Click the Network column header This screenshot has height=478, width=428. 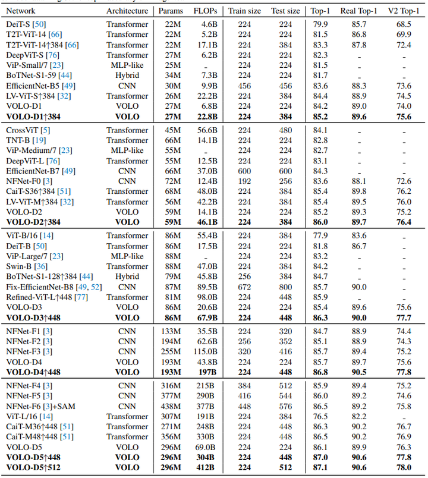[x=21, y=11]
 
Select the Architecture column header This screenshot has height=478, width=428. [x=127, y=11]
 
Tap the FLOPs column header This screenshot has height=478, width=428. [x=205, y=11]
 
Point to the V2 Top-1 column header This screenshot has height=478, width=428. [x=404, y=11]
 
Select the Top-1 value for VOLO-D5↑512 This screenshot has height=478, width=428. [x=320, y=468]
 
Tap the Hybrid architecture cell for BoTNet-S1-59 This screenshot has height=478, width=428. [x=127, y=76]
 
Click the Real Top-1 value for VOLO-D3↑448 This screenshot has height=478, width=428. [x=360, y=318]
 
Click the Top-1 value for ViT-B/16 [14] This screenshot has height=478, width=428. [x=320, y=235]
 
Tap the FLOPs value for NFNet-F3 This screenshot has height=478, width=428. [x=207, y=351]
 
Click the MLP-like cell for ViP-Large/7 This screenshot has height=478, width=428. [x=127, y=256]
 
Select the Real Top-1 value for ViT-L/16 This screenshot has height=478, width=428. [x=360, y=416]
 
